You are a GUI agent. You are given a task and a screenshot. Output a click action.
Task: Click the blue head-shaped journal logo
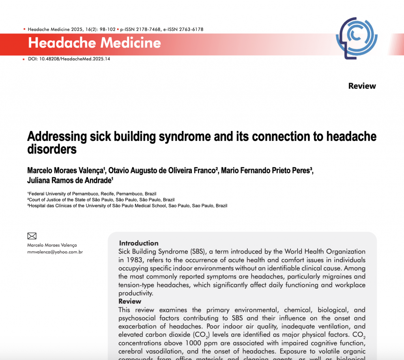pos(356,38)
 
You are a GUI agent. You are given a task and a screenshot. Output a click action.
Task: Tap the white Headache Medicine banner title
pos(95,43)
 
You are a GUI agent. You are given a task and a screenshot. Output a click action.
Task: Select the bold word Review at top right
pos(362,86)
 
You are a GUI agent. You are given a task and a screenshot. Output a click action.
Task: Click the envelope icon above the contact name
pos(32,236)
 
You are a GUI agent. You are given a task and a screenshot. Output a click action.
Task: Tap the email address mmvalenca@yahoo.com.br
pos(55,252)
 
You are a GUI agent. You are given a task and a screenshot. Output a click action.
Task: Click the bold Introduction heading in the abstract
pos(139,243)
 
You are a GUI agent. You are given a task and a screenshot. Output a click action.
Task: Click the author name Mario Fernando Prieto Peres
pos(266,170)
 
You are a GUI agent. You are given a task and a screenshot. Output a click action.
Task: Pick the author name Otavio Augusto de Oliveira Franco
pos(162,170)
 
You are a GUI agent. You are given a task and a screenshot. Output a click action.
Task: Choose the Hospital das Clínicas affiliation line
pos(127,206)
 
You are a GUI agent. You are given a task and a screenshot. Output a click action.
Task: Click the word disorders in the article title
pos(52,149)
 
